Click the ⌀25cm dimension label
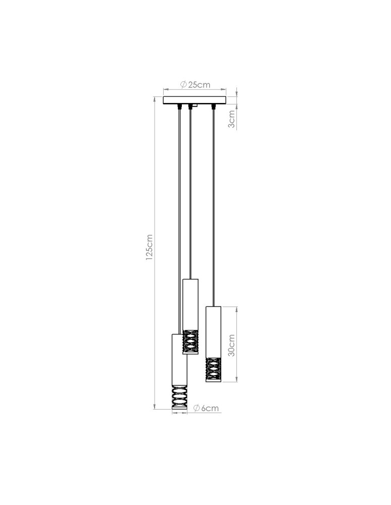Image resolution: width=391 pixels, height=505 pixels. click(x=195, y=85)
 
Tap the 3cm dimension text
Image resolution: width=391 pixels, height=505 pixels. click(x=231, y=119)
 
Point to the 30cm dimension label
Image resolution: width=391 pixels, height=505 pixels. click(x=231, y=345)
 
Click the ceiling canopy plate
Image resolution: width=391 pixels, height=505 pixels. click(x=194, y=100)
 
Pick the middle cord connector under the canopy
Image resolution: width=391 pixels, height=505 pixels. click(x=190, y=107)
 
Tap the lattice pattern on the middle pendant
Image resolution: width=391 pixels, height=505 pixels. click(x=190, y=342)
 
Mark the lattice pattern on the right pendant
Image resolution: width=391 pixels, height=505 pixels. click(x=214, y=370)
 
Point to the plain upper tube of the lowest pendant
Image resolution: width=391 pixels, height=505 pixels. click(x=179, y=359)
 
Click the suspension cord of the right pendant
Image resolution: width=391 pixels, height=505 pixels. click(x=214, y=202)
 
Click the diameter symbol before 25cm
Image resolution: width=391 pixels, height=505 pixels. click(x=183, y=85)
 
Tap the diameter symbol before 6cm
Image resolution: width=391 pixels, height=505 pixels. click(x=197, y=408)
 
